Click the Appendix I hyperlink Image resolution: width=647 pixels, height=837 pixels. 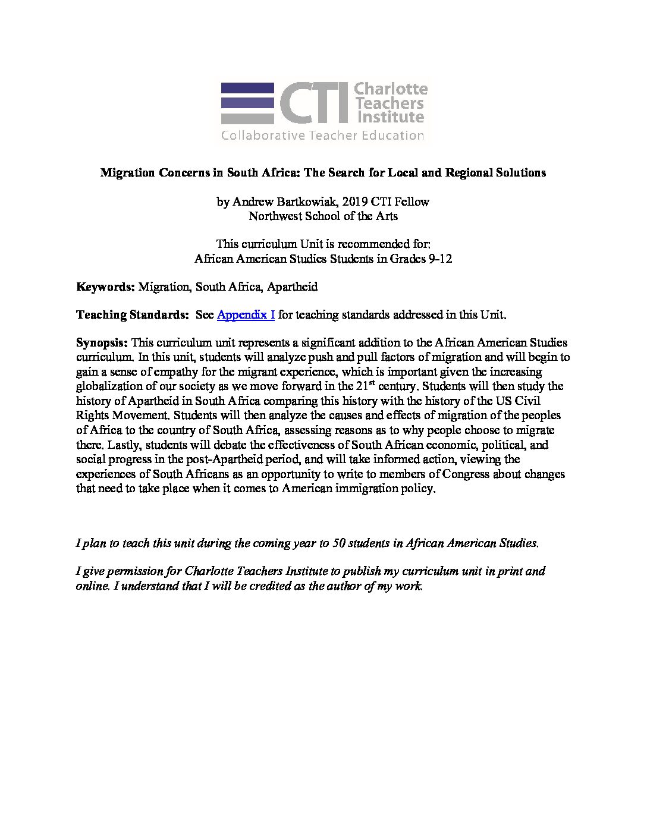pos(246,315)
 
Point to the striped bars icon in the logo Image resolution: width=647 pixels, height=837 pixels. pos(247,103)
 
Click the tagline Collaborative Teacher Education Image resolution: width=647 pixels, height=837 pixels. pos(322,136)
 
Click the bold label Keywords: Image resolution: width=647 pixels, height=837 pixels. pos(106,287)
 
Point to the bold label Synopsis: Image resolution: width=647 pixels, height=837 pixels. pos(102,343)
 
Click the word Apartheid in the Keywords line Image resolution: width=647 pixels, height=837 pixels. pos(293,287)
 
